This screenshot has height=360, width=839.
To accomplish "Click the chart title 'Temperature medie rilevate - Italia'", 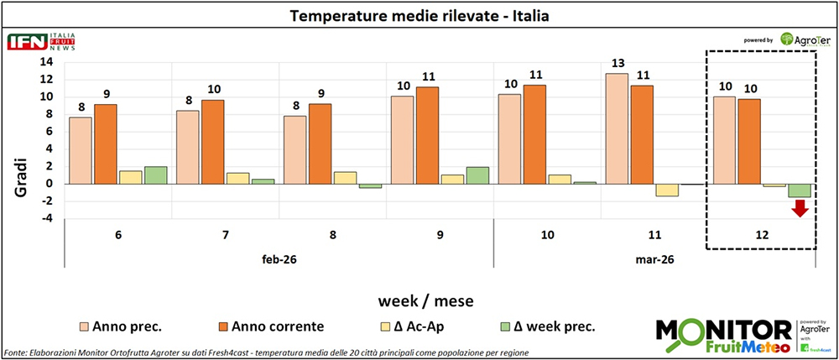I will click(419, 16).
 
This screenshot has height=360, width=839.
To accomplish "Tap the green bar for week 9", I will click(477, 175).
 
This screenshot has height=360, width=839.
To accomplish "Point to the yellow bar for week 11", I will click(644, 190).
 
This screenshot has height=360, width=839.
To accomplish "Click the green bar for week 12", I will click(799, 190).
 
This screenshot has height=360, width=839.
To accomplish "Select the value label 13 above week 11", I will click(617, 63).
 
